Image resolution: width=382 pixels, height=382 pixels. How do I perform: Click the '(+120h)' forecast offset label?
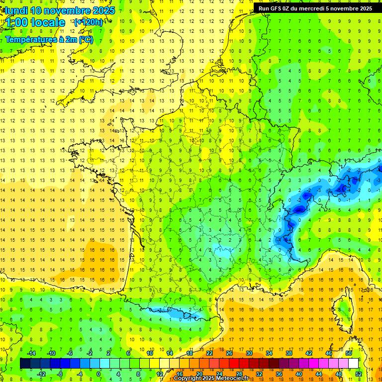[x=88, y=22]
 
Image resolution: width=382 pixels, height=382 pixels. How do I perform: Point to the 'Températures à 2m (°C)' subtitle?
[x=49, y=39]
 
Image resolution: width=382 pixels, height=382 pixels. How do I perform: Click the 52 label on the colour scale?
[x=358, y=374]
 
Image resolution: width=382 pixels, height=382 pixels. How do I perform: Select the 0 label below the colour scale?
[x=98, y=374]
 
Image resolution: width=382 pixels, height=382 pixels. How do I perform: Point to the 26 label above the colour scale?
[x=229, y=353]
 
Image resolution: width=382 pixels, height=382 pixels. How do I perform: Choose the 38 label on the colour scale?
[x=288, y=353]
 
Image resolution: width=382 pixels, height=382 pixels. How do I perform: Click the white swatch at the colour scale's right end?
[x=353, y=364]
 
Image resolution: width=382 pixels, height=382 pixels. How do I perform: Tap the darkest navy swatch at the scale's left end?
[x=25, y=364]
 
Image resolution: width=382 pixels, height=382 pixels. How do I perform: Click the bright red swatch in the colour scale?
[x=234, y=364]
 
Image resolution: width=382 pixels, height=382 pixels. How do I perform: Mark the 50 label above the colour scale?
[x=348, y=353]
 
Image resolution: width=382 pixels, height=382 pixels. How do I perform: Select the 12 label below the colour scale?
[x=159, y=374]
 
